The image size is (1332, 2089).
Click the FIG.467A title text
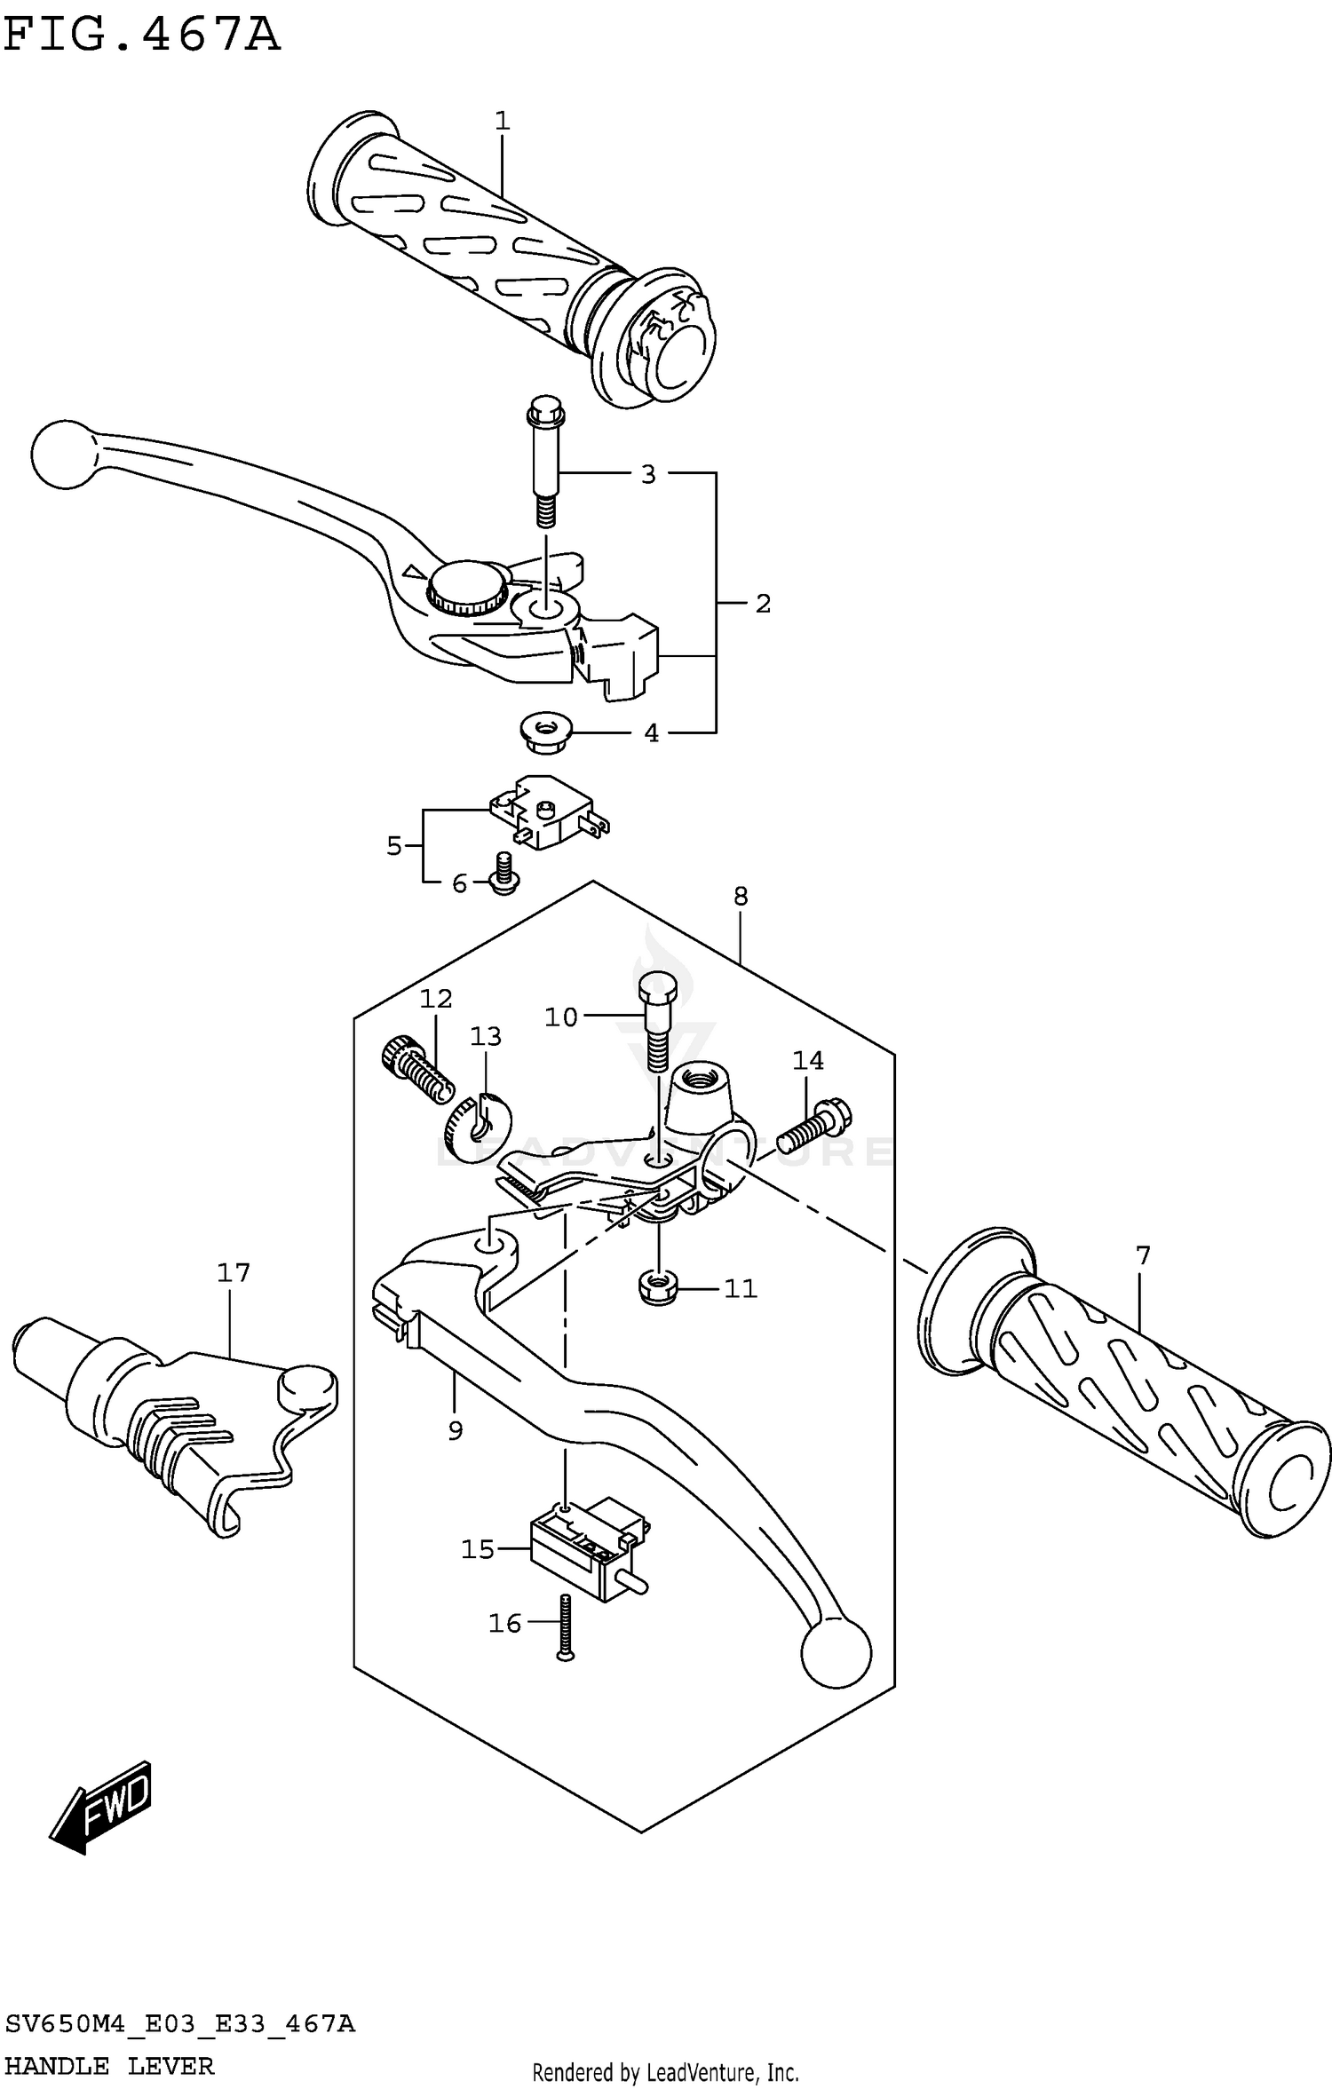(x=142, y=36)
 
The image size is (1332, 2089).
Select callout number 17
(x=234, y=1273)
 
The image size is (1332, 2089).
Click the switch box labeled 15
(x=586, y=1549)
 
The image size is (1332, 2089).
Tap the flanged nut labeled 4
(x=545, y=732)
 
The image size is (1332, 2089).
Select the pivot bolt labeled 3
(x=545, y=462)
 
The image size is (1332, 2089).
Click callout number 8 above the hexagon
(x=741, y=897)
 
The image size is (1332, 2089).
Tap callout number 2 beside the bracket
(x=763, y=604)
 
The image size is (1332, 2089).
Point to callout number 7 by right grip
(x=1143, y=1256)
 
